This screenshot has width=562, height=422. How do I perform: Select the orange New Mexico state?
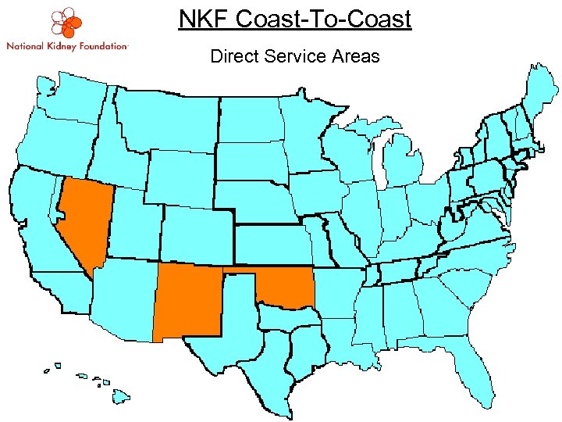(188, 301)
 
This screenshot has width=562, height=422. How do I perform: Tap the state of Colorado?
(195, 234)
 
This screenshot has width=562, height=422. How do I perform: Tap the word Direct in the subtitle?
(235, 55)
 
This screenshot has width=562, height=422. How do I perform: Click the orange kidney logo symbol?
(65, 23)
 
